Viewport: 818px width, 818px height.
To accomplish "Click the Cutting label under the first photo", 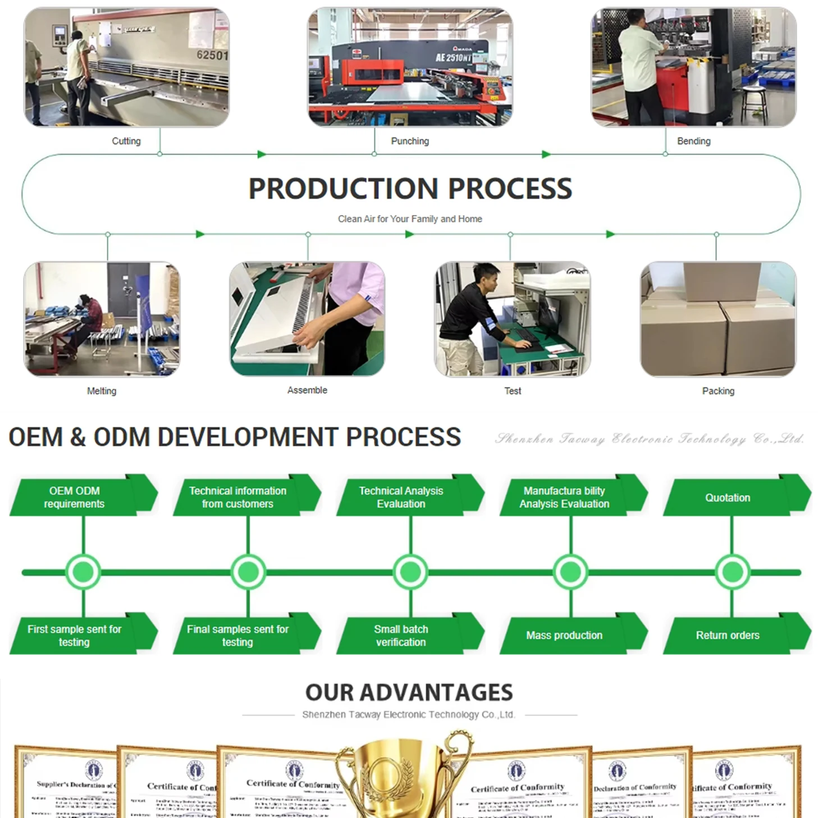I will [x=126, y=141].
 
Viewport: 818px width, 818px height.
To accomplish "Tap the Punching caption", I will [x=410, y=141].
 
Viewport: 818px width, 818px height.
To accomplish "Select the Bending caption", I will [x=693, y=141].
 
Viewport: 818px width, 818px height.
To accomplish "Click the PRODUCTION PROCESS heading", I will [x=410, y=189].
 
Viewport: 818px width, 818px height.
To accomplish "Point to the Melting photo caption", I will [x=102, y=391].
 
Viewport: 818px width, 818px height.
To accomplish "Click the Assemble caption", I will [x=307, y=390].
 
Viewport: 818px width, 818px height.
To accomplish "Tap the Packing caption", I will [x=718, y=391].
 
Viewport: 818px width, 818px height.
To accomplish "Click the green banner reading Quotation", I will [x=728, y=497].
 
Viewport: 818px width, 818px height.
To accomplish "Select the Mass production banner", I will [x=564, y=635].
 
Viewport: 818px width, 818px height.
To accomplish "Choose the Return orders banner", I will [x=728, y=635].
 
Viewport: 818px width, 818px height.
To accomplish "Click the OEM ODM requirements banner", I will [x=74, y=497].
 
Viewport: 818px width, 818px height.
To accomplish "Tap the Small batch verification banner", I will [x=401, y=635].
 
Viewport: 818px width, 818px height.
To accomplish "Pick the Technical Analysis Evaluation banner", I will [x=401, y=497].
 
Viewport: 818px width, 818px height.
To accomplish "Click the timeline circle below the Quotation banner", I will [x=732, y=572].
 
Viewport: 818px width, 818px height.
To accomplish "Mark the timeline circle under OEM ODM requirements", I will [x=83, y=572].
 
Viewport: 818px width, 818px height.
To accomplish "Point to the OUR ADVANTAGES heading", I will [x=409, y=692].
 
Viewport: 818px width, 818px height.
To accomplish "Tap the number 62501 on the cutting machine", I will [x=212, y=55].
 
